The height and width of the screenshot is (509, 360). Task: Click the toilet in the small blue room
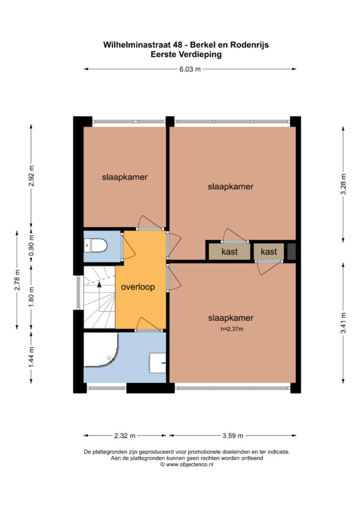[x=95, y=246]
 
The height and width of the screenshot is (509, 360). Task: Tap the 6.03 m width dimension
[x=190, y=69]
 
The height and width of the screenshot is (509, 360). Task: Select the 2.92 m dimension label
[x=31, y=175]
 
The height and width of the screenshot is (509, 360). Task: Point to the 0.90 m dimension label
[x=31, y=245]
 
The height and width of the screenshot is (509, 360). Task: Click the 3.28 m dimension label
[x=344, y=184]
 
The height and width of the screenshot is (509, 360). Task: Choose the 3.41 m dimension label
[x=344, y=323]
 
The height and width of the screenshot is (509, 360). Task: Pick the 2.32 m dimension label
[x=125, y=435]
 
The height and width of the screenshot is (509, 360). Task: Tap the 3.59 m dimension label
[x=233, y=435]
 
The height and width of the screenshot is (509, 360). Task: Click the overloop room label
[x=138, y=287]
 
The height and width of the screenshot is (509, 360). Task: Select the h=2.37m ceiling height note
[x=232, y=329]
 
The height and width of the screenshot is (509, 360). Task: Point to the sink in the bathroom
[x=158, y=363]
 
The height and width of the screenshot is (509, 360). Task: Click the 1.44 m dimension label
[x=31, y=357]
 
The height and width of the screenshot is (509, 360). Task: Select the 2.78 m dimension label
[x=17, y=280]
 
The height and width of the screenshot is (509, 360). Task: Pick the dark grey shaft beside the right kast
[x=291, y=252]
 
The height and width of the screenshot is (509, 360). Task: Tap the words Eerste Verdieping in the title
[x=186, y=54]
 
